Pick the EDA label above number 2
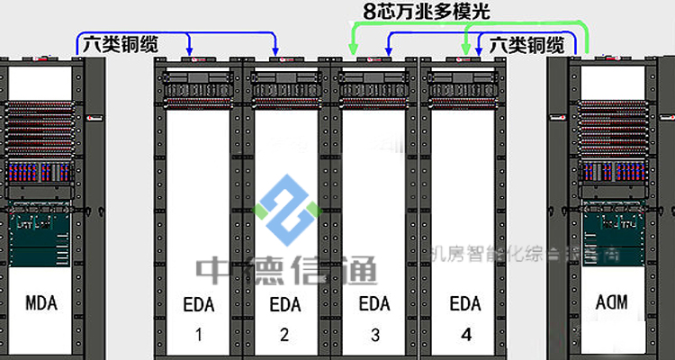point(284,303)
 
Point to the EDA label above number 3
point(374,303)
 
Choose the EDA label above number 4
point(464,303)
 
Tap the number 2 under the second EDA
point(284,337)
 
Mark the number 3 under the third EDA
point(374,337)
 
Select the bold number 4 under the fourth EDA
point(465,337)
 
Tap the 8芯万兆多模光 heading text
point(427,13)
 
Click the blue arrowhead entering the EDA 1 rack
point(188,52)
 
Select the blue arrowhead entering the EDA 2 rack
point(276,52)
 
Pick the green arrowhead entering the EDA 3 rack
point(353,53)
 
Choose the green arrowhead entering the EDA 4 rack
point(466,53)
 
